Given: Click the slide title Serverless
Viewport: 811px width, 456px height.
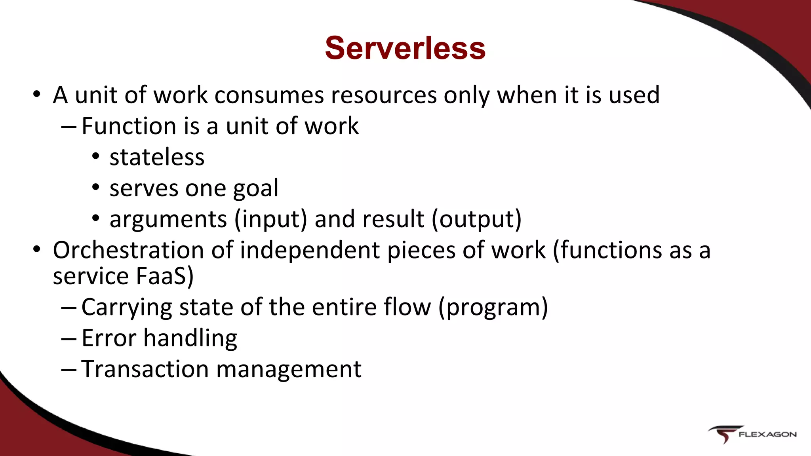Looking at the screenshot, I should click(x=405, y=48).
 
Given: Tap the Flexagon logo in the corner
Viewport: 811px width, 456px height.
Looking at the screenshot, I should click(x=752, y=434).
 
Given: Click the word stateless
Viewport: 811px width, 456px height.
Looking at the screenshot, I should click(x=157, y=157).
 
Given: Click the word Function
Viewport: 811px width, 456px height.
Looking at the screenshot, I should click(x=129, y=126).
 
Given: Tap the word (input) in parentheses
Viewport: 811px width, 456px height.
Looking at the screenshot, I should click(x=270, y=220).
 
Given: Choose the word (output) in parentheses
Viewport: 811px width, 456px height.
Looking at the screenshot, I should click(x=476, y=220).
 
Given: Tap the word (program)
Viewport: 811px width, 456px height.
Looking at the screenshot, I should click(x=493, y=308).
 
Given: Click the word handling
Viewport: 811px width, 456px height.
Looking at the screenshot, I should click(x=190, y=339).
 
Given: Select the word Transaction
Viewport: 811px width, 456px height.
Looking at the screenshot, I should click(x=145, y=369).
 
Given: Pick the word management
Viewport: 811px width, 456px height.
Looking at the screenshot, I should click(x=289, y=370).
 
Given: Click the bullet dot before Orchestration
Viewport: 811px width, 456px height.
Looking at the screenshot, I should click(x=37, y=250).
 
